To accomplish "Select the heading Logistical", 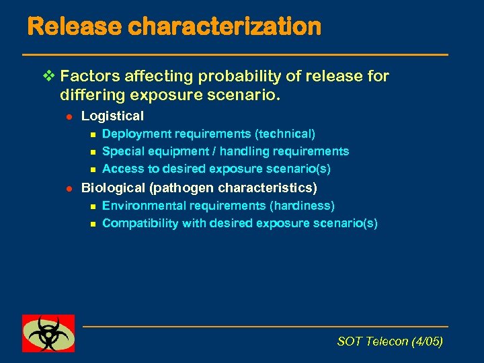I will (112, 116).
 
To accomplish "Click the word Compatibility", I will (138, 223).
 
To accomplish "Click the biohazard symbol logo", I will (48, 333).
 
